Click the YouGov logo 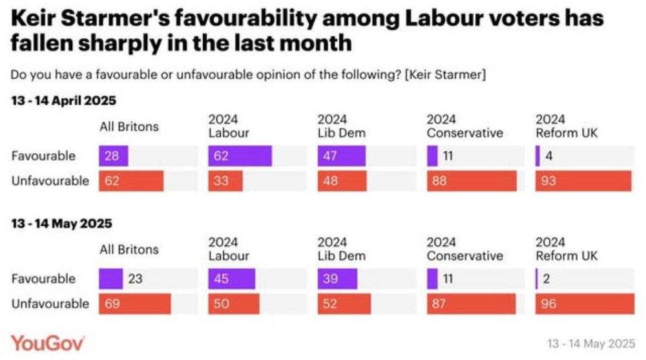[47, 343]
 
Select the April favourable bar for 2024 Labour [240, 156]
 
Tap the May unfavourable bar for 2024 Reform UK [585, 304]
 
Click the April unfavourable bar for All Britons [131, 181]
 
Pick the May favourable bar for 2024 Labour [231, 279]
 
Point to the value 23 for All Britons [136, 279]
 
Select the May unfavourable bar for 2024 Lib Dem [344, 304]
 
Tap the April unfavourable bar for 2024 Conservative [472, 181]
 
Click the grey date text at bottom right [590, 343]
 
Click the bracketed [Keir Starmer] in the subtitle [445, 75]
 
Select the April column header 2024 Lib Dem [341, 127]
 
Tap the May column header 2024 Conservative [464, 249]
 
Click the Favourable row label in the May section [43, 279]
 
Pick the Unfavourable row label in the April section [50, 181]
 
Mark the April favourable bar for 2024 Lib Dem [341, 156]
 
